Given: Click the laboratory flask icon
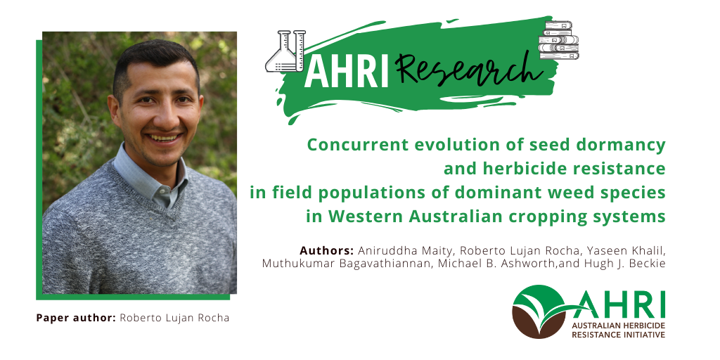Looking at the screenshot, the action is [x=285, y=51].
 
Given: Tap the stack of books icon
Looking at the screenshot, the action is [x=558, y=40].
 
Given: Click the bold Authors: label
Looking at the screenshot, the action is [x=326, y=251].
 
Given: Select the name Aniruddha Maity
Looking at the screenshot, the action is [x=406, y=251].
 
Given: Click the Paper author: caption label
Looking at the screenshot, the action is [x=76, y=318].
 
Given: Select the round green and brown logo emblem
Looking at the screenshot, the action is [x=537, y=312].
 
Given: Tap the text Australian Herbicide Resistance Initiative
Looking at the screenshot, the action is [x=618, y=330].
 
